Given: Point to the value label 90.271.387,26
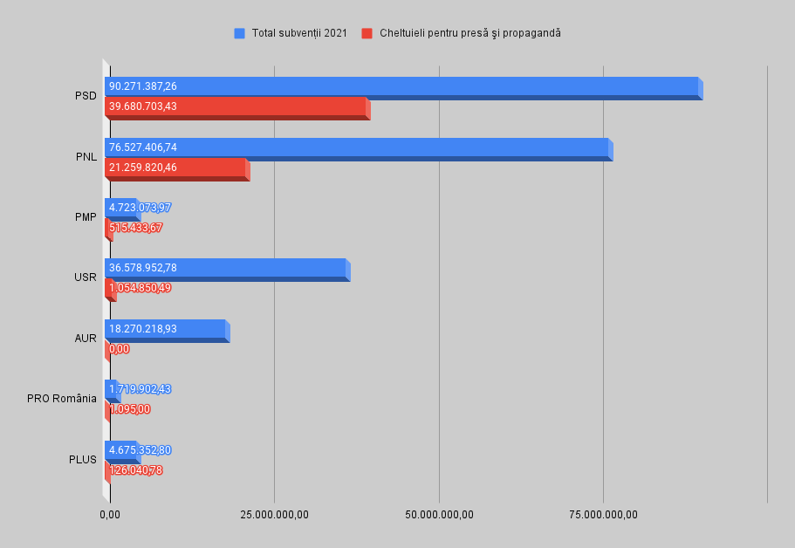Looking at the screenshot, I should click(x=143, y=86).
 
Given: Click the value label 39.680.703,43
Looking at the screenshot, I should click(x=143, y=106).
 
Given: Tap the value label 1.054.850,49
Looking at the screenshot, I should click(x=140, y=288).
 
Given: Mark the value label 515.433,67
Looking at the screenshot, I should click(x=136, y=228).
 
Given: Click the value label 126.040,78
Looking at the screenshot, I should click(x=136, y=470).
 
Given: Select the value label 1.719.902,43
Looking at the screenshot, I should click(x=140, y=389).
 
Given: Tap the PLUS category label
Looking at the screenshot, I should click(x=82, y=460).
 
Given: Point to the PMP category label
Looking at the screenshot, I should click(x=86, y=217).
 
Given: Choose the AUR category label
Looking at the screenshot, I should click(x=86, y=339).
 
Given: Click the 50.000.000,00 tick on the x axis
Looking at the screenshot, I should click(x=439, y=514).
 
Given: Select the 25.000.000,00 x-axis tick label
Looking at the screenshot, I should click(x=274, y=514).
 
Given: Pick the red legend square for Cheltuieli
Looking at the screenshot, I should click(x=367, y=33).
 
